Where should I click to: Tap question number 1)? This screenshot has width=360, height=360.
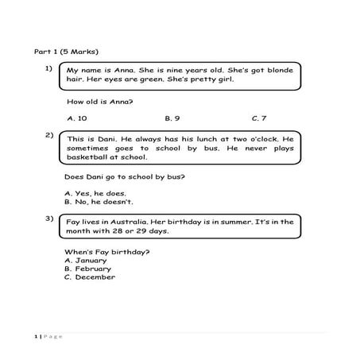(49, 69)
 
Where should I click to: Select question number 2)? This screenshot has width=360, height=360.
(49, 136)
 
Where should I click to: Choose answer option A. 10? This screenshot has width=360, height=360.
(77, 118)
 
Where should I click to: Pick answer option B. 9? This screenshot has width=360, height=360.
(172, 118)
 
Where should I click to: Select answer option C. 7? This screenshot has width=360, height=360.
(259, 118)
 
